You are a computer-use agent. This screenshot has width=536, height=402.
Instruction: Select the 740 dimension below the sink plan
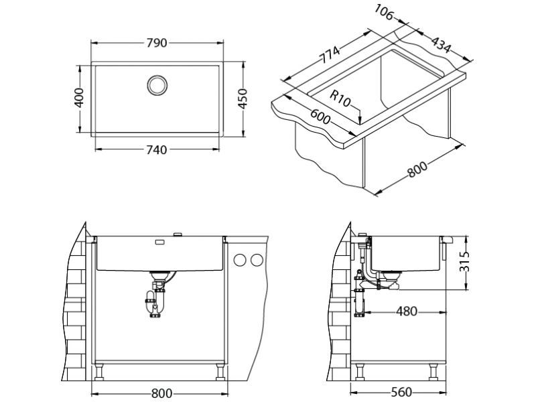pos(155,150)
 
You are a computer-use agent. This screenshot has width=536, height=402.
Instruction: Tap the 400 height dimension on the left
pos(79,99)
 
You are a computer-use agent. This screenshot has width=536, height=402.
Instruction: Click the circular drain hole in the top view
pos(157,85)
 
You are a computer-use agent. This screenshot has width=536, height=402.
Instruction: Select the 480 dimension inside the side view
pos(406,311)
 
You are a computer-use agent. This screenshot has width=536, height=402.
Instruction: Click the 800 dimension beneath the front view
pos(161,393)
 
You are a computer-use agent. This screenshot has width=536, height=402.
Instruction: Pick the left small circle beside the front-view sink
pos(239,261)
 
